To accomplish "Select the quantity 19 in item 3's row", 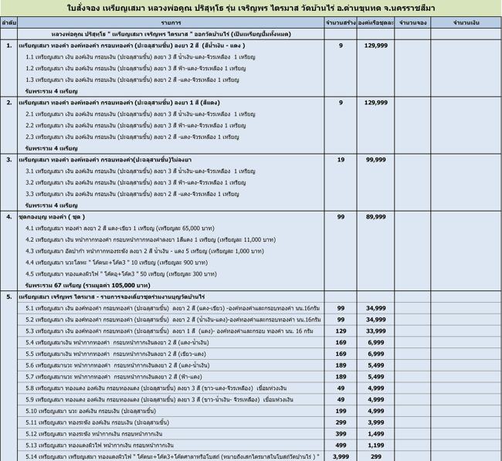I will tap(341, 159).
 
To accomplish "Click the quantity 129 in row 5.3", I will tap(341, 330).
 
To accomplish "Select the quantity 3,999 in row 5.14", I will tap(341, 456).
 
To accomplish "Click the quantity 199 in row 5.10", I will tap(341, 411).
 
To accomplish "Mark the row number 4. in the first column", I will tap(8, 217).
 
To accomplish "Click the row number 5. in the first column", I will tap(8, 297).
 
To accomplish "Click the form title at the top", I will tap(250, 8).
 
